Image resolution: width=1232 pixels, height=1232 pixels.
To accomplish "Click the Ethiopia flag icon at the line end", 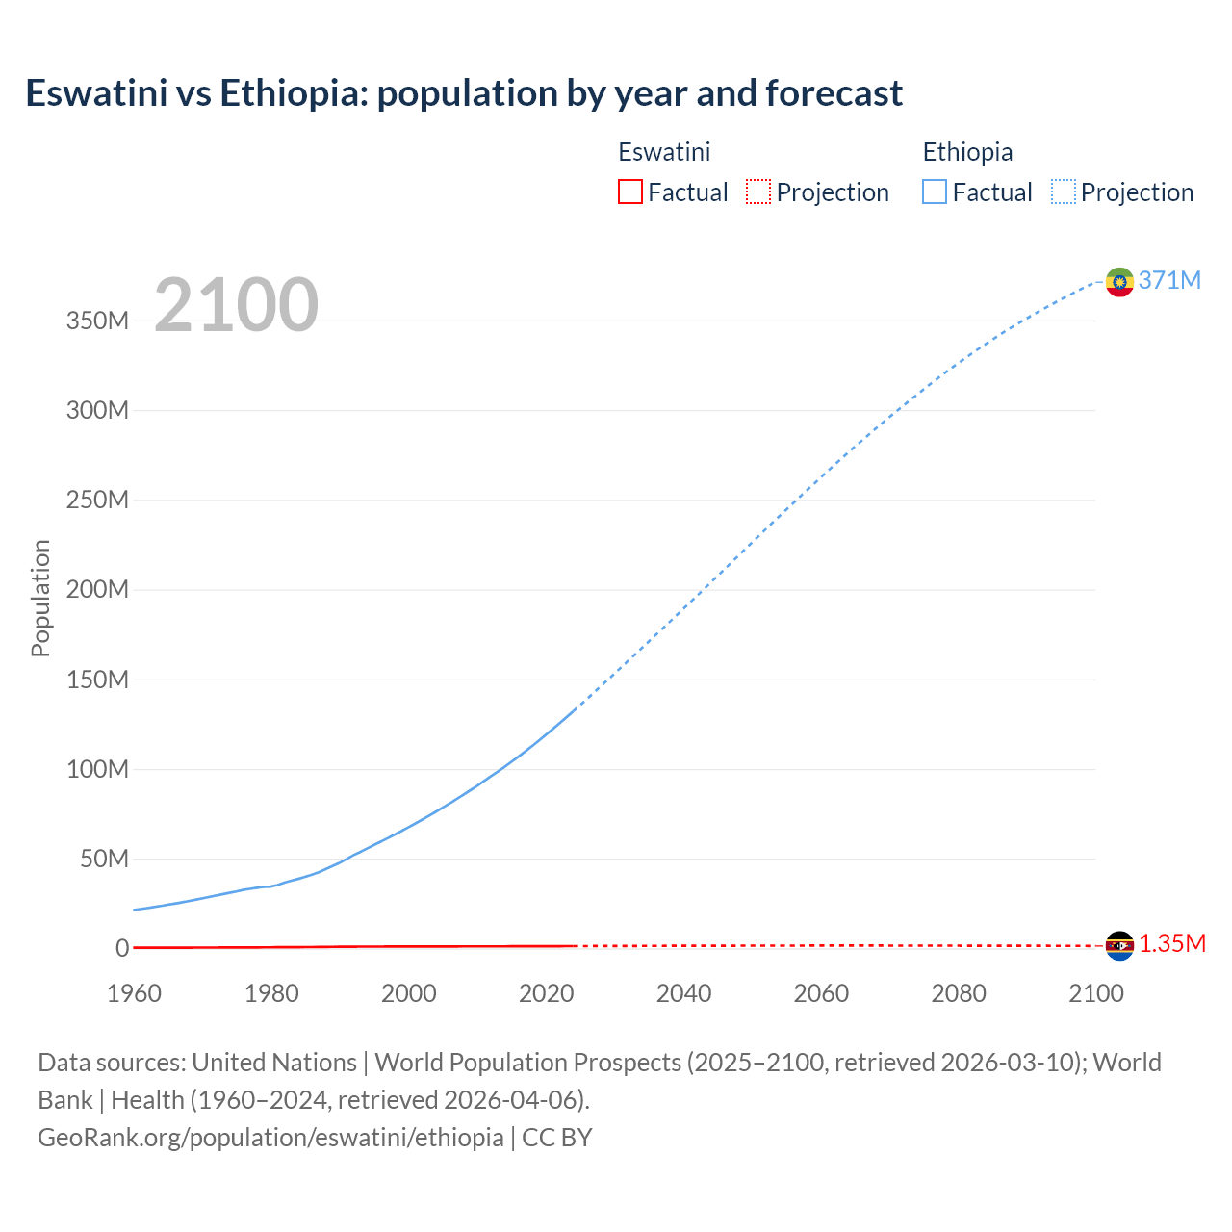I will point(1119,281).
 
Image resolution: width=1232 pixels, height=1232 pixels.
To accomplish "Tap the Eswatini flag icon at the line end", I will point(1119,945).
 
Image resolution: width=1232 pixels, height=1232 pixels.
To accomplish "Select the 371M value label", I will point(1169,280).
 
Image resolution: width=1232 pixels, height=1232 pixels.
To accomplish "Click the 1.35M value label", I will point(1172,943).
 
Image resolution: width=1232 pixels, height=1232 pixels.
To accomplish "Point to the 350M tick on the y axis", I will point(97,321).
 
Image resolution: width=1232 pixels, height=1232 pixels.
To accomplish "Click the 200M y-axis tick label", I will point(97,589).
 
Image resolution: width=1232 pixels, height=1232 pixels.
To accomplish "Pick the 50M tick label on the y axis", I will point(104,859).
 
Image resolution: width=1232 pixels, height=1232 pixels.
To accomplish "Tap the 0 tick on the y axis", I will point(122,948).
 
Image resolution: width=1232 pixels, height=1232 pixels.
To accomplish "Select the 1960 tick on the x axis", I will point(134,993).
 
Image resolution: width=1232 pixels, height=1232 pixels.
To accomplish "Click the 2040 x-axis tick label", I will point(683,993).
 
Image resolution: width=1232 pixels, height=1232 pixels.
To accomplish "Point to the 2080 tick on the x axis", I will point(959,993).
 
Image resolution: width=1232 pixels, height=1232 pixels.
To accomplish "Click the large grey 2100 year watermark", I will point(236,305).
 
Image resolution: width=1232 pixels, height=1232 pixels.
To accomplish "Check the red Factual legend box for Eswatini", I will point(630,192).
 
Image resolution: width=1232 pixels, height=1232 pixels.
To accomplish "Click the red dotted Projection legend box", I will point(758,192).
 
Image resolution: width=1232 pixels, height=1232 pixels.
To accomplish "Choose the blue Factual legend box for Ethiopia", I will point(935,192).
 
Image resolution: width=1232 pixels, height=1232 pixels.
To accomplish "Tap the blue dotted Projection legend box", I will point(1064,192).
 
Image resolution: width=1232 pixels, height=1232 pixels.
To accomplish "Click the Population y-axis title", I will point(40,598).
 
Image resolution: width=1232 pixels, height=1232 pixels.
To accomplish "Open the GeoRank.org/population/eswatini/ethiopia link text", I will point(270,1137).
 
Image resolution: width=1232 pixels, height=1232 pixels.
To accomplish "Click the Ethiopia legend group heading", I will point(967,152).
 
